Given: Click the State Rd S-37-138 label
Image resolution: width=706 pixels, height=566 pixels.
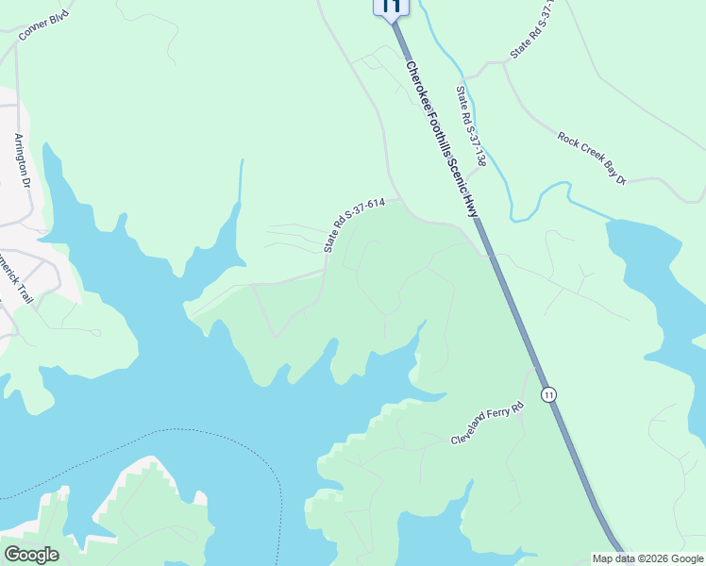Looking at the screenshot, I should (470, 126).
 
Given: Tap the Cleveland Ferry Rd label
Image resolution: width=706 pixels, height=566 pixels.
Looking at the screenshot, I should (486, 425).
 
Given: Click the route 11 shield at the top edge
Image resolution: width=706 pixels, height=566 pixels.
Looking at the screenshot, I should (391, 7).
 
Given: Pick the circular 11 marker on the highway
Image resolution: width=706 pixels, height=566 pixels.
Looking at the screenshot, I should (548, 393).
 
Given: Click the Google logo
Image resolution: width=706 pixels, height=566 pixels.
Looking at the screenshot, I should (31, 555).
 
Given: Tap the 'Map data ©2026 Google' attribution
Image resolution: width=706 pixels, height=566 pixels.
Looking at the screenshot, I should (648, 558).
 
